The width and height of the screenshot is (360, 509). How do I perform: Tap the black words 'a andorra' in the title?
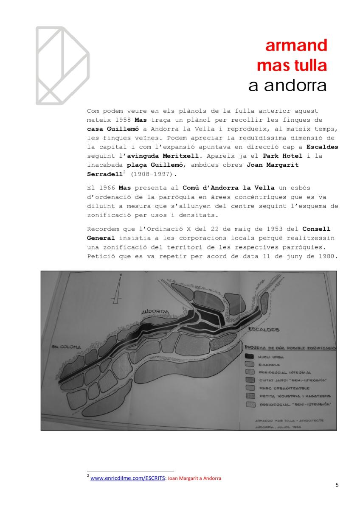point(287,86)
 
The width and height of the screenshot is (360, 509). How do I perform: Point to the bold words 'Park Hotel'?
point(280,156)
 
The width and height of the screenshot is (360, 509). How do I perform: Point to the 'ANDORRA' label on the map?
point(155,312)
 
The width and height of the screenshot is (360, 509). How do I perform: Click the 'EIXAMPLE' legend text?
point(268,365)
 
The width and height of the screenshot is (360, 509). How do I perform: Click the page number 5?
point(337,485)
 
